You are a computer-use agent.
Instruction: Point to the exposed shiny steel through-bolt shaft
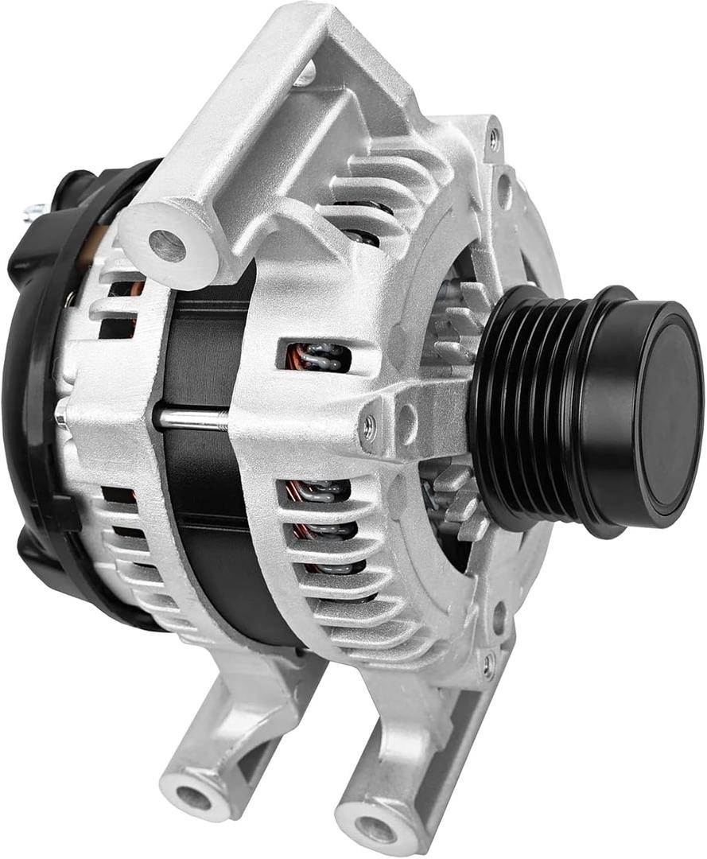(191, 419)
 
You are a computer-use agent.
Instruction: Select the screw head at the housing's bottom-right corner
(488, 663)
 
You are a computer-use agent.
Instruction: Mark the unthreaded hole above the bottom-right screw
(499, 616)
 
